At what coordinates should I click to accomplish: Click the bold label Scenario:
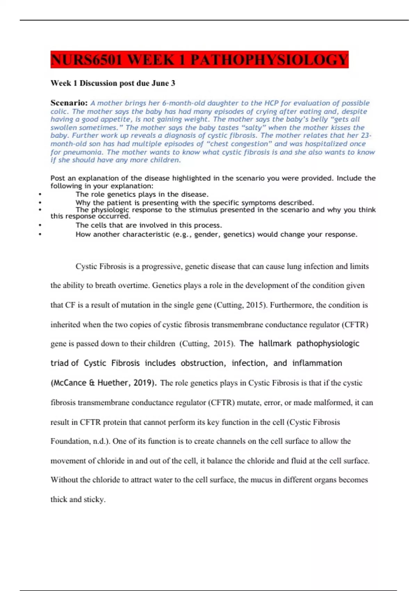pyautogui.click(x=69, y=103)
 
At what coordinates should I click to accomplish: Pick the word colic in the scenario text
pyautogui.click(x=59, y=112)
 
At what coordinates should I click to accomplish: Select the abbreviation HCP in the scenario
pyautogui.click(x=271, y=103)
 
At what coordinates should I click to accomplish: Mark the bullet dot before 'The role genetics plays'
pyautogui.click(x=40, y=195)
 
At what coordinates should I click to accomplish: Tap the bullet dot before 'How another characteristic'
pyautogui.click(x=40, y=235)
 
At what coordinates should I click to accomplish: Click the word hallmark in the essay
pyautogui.click(x=275, y=343)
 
